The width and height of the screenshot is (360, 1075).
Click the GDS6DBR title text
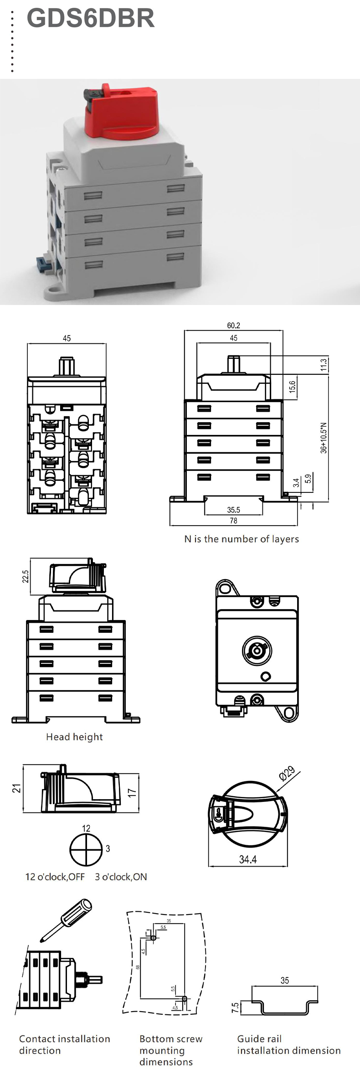pos(90,18)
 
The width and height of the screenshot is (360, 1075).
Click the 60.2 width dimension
pos(233,326)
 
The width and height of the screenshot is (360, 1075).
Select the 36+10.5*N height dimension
pos(324,438)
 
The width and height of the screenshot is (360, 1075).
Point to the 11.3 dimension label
pos(324,365)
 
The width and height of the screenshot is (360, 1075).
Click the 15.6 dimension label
pos(292,387)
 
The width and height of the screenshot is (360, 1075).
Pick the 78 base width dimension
pos(233,521)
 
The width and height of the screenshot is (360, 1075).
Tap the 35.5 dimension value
pos(233,510)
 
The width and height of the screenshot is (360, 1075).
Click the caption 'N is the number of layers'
pos(242,539)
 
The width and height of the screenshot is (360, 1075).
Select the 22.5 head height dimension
pos(26,576)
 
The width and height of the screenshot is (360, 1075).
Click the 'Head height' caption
pos(74,737)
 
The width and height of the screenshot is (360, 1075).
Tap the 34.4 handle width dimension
pos(248,859)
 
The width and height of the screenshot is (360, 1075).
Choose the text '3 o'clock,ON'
pos(121,877)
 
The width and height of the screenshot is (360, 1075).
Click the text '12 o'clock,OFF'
pos(55,877)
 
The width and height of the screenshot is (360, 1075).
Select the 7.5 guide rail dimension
pos(235,1008)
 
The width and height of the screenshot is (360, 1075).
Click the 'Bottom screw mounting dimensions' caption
pos(171,1050)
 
